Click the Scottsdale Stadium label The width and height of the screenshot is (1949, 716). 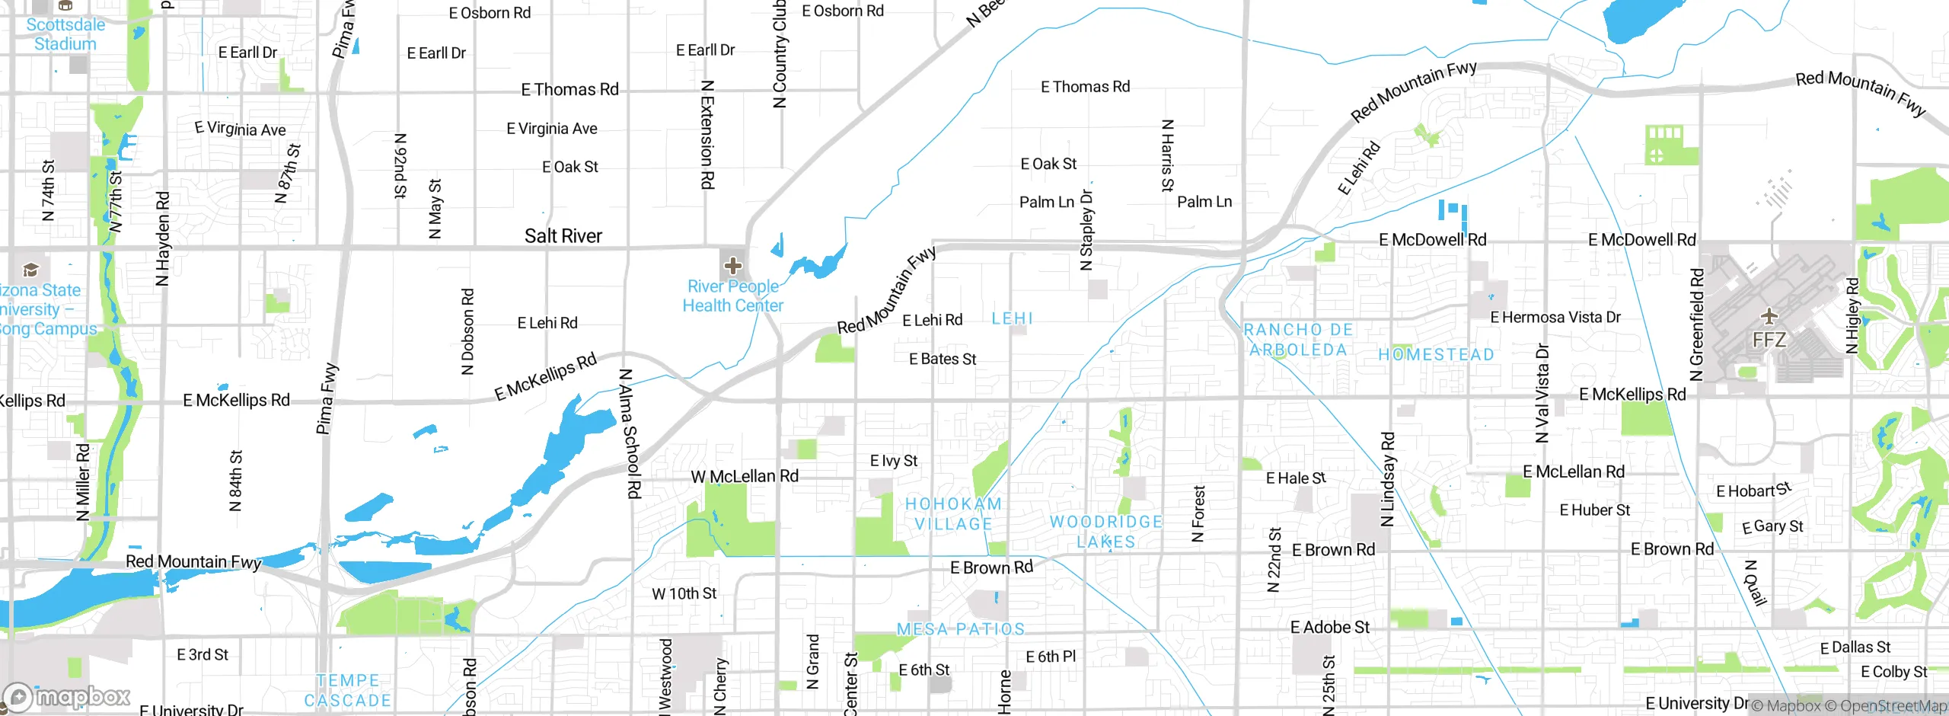[65, 34]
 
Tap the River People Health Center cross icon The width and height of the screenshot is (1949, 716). [733, 266]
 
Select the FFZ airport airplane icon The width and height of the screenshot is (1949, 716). [1769, 316]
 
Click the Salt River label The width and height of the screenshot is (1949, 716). [563, 236]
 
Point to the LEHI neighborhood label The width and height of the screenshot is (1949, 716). [1012, 318]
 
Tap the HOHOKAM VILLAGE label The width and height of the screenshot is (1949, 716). [953, 514]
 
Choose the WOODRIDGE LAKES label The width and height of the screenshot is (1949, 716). [1105, 532]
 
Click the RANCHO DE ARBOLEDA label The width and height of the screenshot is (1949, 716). [1298, 340]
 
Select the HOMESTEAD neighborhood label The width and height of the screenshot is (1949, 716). [1436, 355]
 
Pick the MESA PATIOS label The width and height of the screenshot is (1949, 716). [961, 629]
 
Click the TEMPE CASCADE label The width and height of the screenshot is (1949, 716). [348, 690]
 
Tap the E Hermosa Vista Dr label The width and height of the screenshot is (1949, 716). [1555, 318]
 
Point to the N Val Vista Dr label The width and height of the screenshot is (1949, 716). [1542, 393]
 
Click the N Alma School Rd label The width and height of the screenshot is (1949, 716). [629, 433]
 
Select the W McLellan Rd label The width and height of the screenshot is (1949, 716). [744, 477]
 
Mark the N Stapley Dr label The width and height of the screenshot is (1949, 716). [1086, 230]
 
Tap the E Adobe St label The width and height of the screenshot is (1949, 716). [1329, 628]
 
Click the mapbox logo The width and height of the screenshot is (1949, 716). [67, 696]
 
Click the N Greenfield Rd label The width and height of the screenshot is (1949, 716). [1696, 324]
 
